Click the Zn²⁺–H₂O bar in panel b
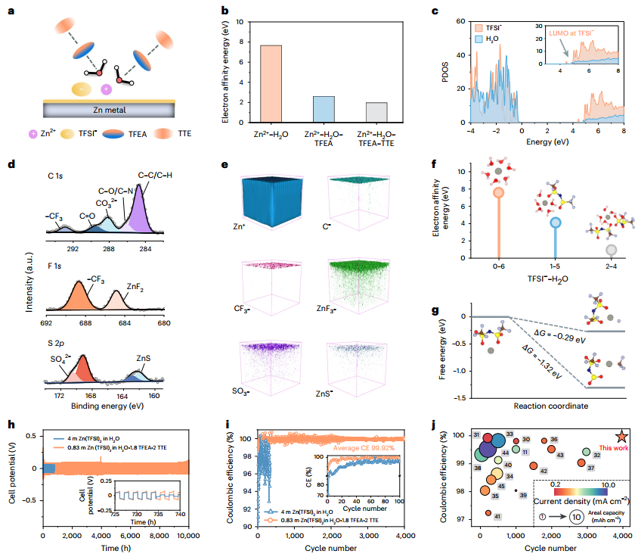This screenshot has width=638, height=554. coord(271,83)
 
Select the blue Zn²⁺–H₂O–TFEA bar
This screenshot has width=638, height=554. coord(324,109)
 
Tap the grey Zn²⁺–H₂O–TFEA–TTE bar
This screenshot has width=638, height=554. coord(376,112)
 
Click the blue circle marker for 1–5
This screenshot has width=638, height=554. coord(556,223)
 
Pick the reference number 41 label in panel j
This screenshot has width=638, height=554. coord(497,516)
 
